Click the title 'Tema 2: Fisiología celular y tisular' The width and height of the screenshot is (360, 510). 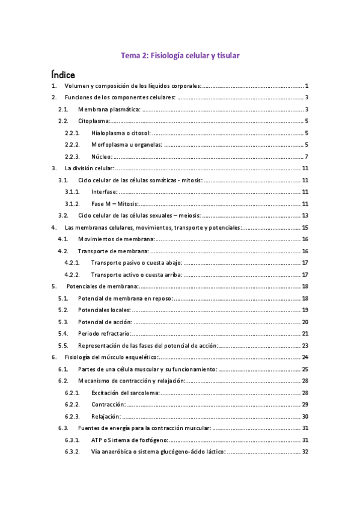tap(180, 56)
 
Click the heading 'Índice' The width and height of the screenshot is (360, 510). tap(63, 75)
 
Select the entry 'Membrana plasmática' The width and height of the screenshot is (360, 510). tap(109, 109)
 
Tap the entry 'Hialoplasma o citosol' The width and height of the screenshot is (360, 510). tap(121, 133)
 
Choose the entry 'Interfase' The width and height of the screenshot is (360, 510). tap(105, 192)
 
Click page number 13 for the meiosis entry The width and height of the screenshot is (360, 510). tap(305, 215)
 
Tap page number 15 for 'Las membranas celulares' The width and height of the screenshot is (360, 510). tap(305, 227)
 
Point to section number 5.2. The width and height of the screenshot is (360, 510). tap(63, 310)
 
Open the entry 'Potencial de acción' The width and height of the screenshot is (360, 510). tap(105, 321)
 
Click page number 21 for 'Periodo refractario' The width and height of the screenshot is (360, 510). tap(305, 333)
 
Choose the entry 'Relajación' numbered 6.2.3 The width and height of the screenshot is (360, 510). tap(106, 416)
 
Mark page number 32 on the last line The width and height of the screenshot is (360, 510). tap(305, 451)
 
